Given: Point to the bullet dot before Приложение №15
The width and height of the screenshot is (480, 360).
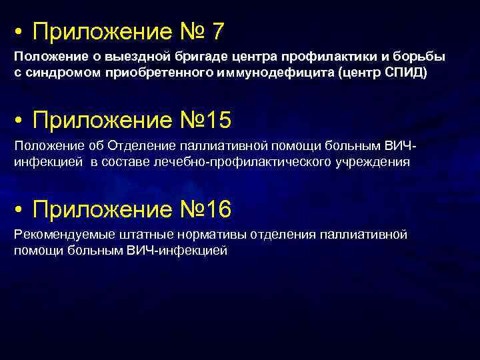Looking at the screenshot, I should point(21,121).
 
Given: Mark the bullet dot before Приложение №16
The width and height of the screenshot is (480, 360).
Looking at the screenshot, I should point(21,211).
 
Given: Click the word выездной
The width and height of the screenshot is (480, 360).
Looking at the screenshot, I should point(124,57).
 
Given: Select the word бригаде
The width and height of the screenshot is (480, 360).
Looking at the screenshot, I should point(181,57).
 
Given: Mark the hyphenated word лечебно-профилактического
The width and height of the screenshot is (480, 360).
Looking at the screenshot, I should point(239,161).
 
